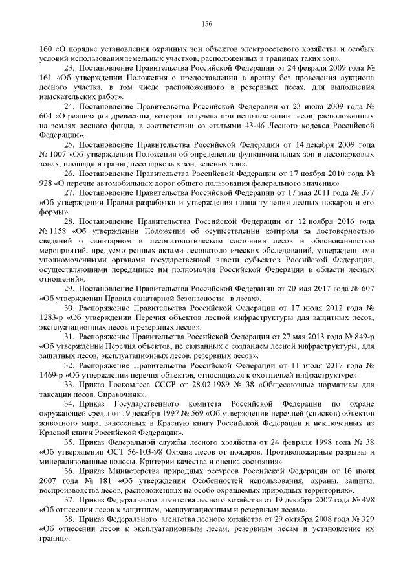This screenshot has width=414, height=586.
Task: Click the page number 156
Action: [x=207, y=24]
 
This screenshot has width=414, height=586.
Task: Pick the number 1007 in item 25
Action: [x=58, y=157]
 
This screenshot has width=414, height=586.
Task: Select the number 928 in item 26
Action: [x=47, y=184]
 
